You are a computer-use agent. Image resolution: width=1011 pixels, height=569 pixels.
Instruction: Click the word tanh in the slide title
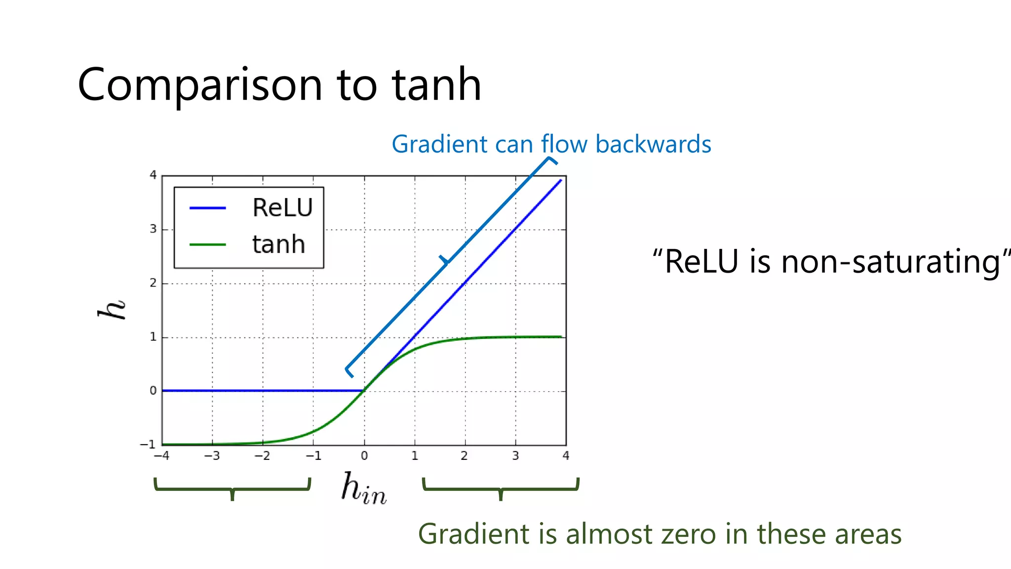tap(436, 85)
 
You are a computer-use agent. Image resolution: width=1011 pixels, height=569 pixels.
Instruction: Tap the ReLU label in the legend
tap(282, 207)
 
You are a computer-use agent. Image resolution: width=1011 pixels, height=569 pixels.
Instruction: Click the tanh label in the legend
tap(278, 244)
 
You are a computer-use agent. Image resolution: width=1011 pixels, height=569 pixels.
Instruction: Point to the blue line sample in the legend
tap(208, 208)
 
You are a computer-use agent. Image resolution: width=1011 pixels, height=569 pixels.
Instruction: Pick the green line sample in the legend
tap(208, 245)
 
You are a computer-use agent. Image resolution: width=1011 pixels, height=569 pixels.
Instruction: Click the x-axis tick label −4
tap(161, 456)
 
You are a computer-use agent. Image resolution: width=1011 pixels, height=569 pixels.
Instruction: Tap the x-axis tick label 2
tap(464, 456)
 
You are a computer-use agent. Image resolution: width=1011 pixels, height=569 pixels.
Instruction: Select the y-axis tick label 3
tap(153, 229)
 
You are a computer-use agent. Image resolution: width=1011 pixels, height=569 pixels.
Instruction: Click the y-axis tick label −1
tap(148, 445)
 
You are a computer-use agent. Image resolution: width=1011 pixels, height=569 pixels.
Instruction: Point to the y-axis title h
tap(112, 309)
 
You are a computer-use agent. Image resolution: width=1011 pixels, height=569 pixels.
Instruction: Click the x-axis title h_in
tap(364, 488)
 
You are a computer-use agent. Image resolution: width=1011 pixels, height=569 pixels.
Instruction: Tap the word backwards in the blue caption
tap(653, 144)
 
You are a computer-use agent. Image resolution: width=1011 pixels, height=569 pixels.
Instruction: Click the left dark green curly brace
tap(233, 488)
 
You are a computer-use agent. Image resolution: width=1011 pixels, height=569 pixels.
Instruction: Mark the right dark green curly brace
tap(501, 488)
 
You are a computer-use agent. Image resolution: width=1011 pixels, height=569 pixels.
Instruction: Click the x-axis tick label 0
tap(364, 456)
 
